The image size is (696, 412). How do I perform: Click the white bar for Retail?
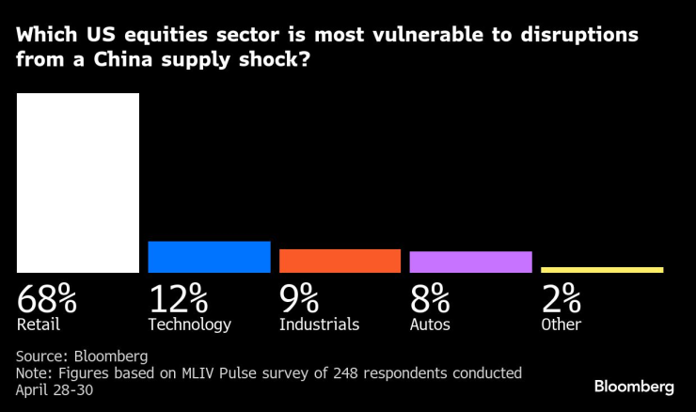click(x=78, y=182)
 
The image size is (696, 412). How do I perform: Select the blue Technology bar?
click(x=209, y=257)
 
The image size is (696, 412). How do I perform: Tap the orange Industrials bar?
click(x=340, y=261)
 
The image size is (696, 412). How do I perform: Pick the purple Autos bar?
click(x=470, y=261)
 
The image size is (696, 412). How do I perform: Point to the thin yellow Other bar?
click(x=602, y=270)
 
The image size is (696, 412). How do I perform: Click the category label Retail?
click(x=39, y=325)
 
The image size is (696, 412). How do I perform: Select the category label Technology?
click(x=189, y=325)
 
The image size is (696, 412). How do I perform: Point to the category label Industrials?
click(x=319, y=325)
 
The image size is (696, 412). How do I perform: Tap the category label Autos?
click(x=430, y=325)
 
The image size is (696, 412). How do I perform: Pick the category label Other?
click(x=561, y=325)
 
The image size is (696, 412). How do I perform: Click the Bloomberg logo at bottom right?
click(x=634, y=387)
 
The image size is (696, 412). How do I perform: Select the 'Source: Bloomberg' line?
click(x=83, y=357)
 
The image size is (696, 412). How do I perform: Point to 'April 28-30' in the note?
click(x=55, y=388)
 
